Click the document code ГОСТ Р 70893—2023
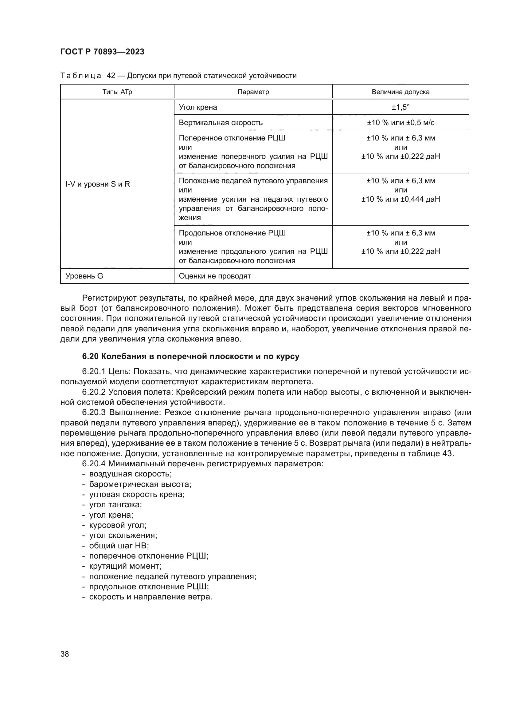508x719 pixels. (x=102, y=52)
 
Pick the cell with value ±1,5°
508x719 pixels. (x=401, y=107)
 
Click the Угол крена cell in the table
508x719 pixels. (x=198, y=107)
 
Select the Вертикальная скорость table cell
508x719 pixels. (x=221, y=123)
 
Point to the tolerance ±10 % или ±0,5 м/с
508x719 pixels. (x=401, y=123)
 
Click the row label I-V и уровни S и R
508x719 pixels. (x=98, y=184)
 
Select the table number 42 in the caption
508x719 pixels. (x=111, y=76)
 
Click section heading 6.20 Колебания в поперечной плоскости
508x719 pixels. (x=190, y=356)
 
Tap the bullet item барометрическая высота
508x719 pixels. (x=140, y=484)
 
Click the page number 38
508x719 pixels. (x=65, y=654)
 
